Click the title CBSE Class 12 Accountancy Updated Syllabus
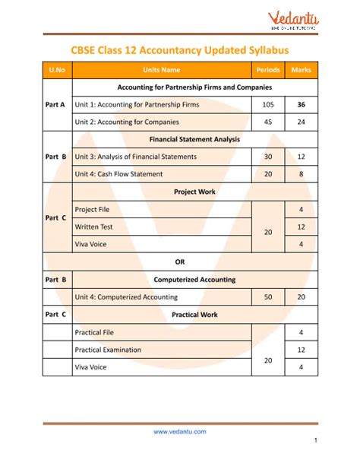179,49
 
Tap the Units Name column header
166,70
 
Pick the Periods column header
268,70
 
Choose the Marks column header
302,70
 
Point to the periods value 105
268,104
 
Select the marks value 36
302,104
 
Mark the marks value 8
302,174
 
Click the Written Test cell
93,227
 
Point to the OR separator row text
180,262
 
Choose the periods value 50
268,296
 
